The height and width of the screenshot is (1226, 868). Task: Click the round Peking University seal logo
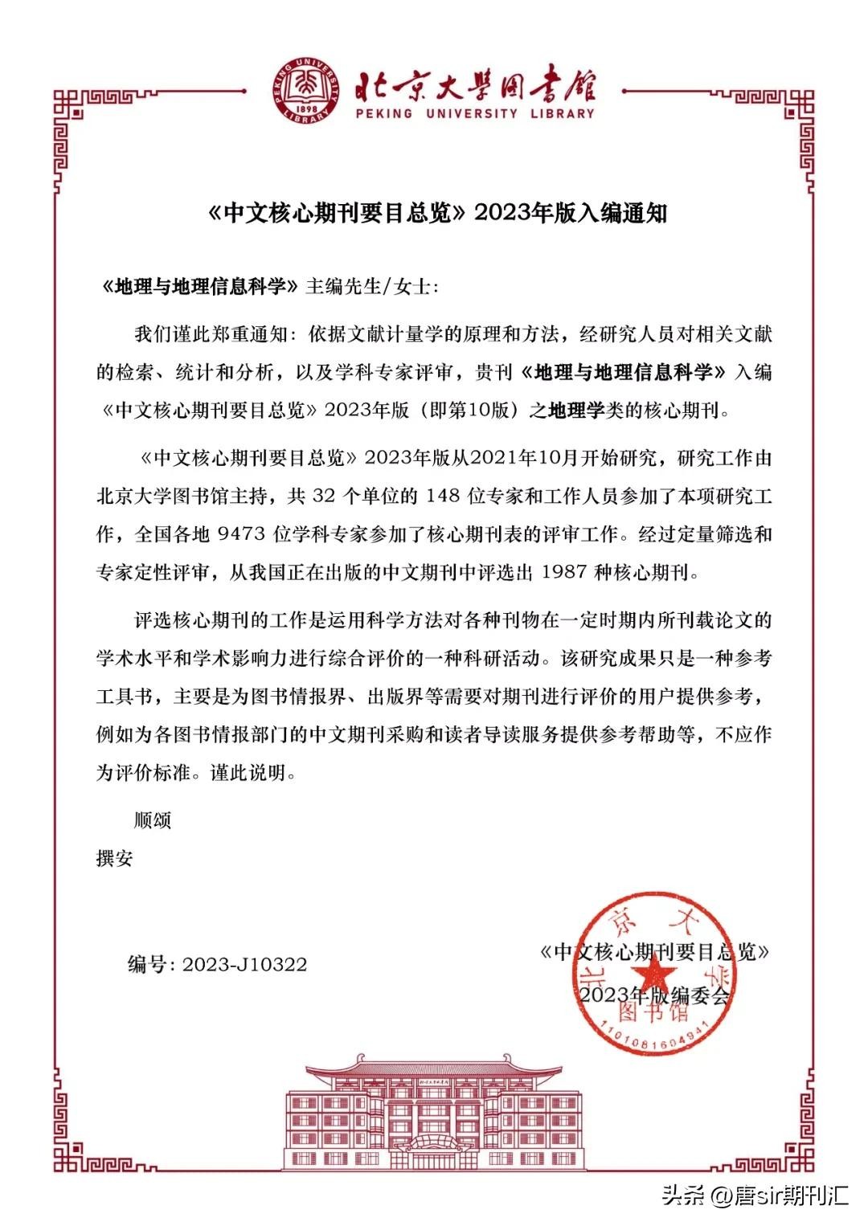(x=311, y=91)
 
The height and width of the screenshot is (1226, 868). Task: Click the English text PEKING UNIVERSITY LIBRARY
(x=476, y=113)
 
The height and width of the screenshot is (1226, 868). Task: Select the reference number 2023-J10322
(x=244, y=964)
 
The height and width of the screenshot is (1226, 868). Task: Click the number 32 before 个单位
(x=322, y=497)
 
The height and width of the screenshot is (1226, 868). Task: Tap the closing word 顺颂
(x=152, y=820)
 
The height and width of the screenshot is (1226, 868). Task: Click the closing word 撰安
(x=115, y=858)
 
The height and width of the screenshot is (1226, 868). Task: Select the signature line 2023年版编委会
(x=653, y=995)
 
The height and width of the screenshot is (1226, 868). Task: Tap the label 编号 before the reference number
(x=147, y=964)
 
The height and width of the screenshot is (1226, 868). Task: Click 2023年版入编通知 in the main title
(x=571, y=213)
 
